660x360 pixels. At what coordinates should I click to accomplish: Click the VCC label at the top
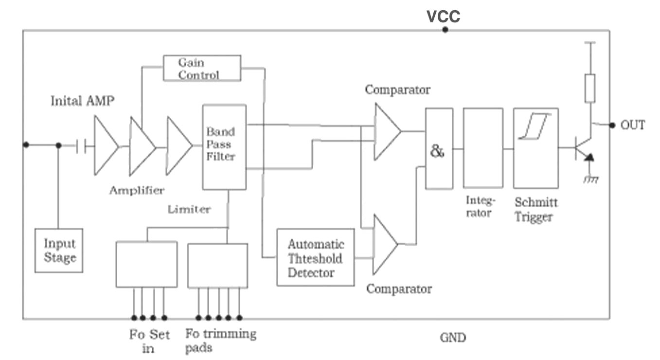point(443,17)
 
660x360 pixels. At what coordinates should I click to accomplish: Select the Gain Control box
point(202,68)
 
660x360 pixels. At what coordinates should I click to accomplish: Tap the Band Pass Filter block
point(224,146)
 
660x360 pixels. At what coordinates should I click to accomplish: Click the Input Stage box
point(59,250)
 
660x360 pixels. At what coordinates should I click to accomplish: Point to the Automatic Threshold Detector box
point(315,257)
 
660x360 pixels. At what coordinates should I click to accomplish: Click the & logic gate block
point(439,149)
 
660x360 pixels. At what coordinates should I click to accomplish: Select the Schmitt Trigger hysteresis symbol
point(535,126)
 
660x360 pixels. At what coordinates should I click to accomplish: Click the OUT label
point(633,125)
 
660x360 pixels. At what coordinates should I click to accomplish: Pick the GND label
point(452,337)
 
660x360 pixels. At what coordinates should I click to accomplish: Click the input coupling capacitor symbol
point(81,145)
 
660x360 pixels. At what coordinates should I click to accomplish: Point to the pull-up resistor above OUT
point(590,88)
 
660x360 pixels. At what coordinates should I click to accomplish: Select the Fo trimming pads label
point(220,341)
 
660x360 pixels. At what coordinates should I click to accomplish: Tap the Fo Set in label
point(149,341)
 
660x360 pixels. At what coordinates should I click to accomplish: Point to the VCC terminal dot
point(445,30)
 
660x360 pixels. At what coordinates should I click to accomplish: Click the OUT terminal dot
point(612,125)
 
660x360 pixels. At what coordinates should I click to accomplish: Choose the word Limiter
point(189,210)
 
